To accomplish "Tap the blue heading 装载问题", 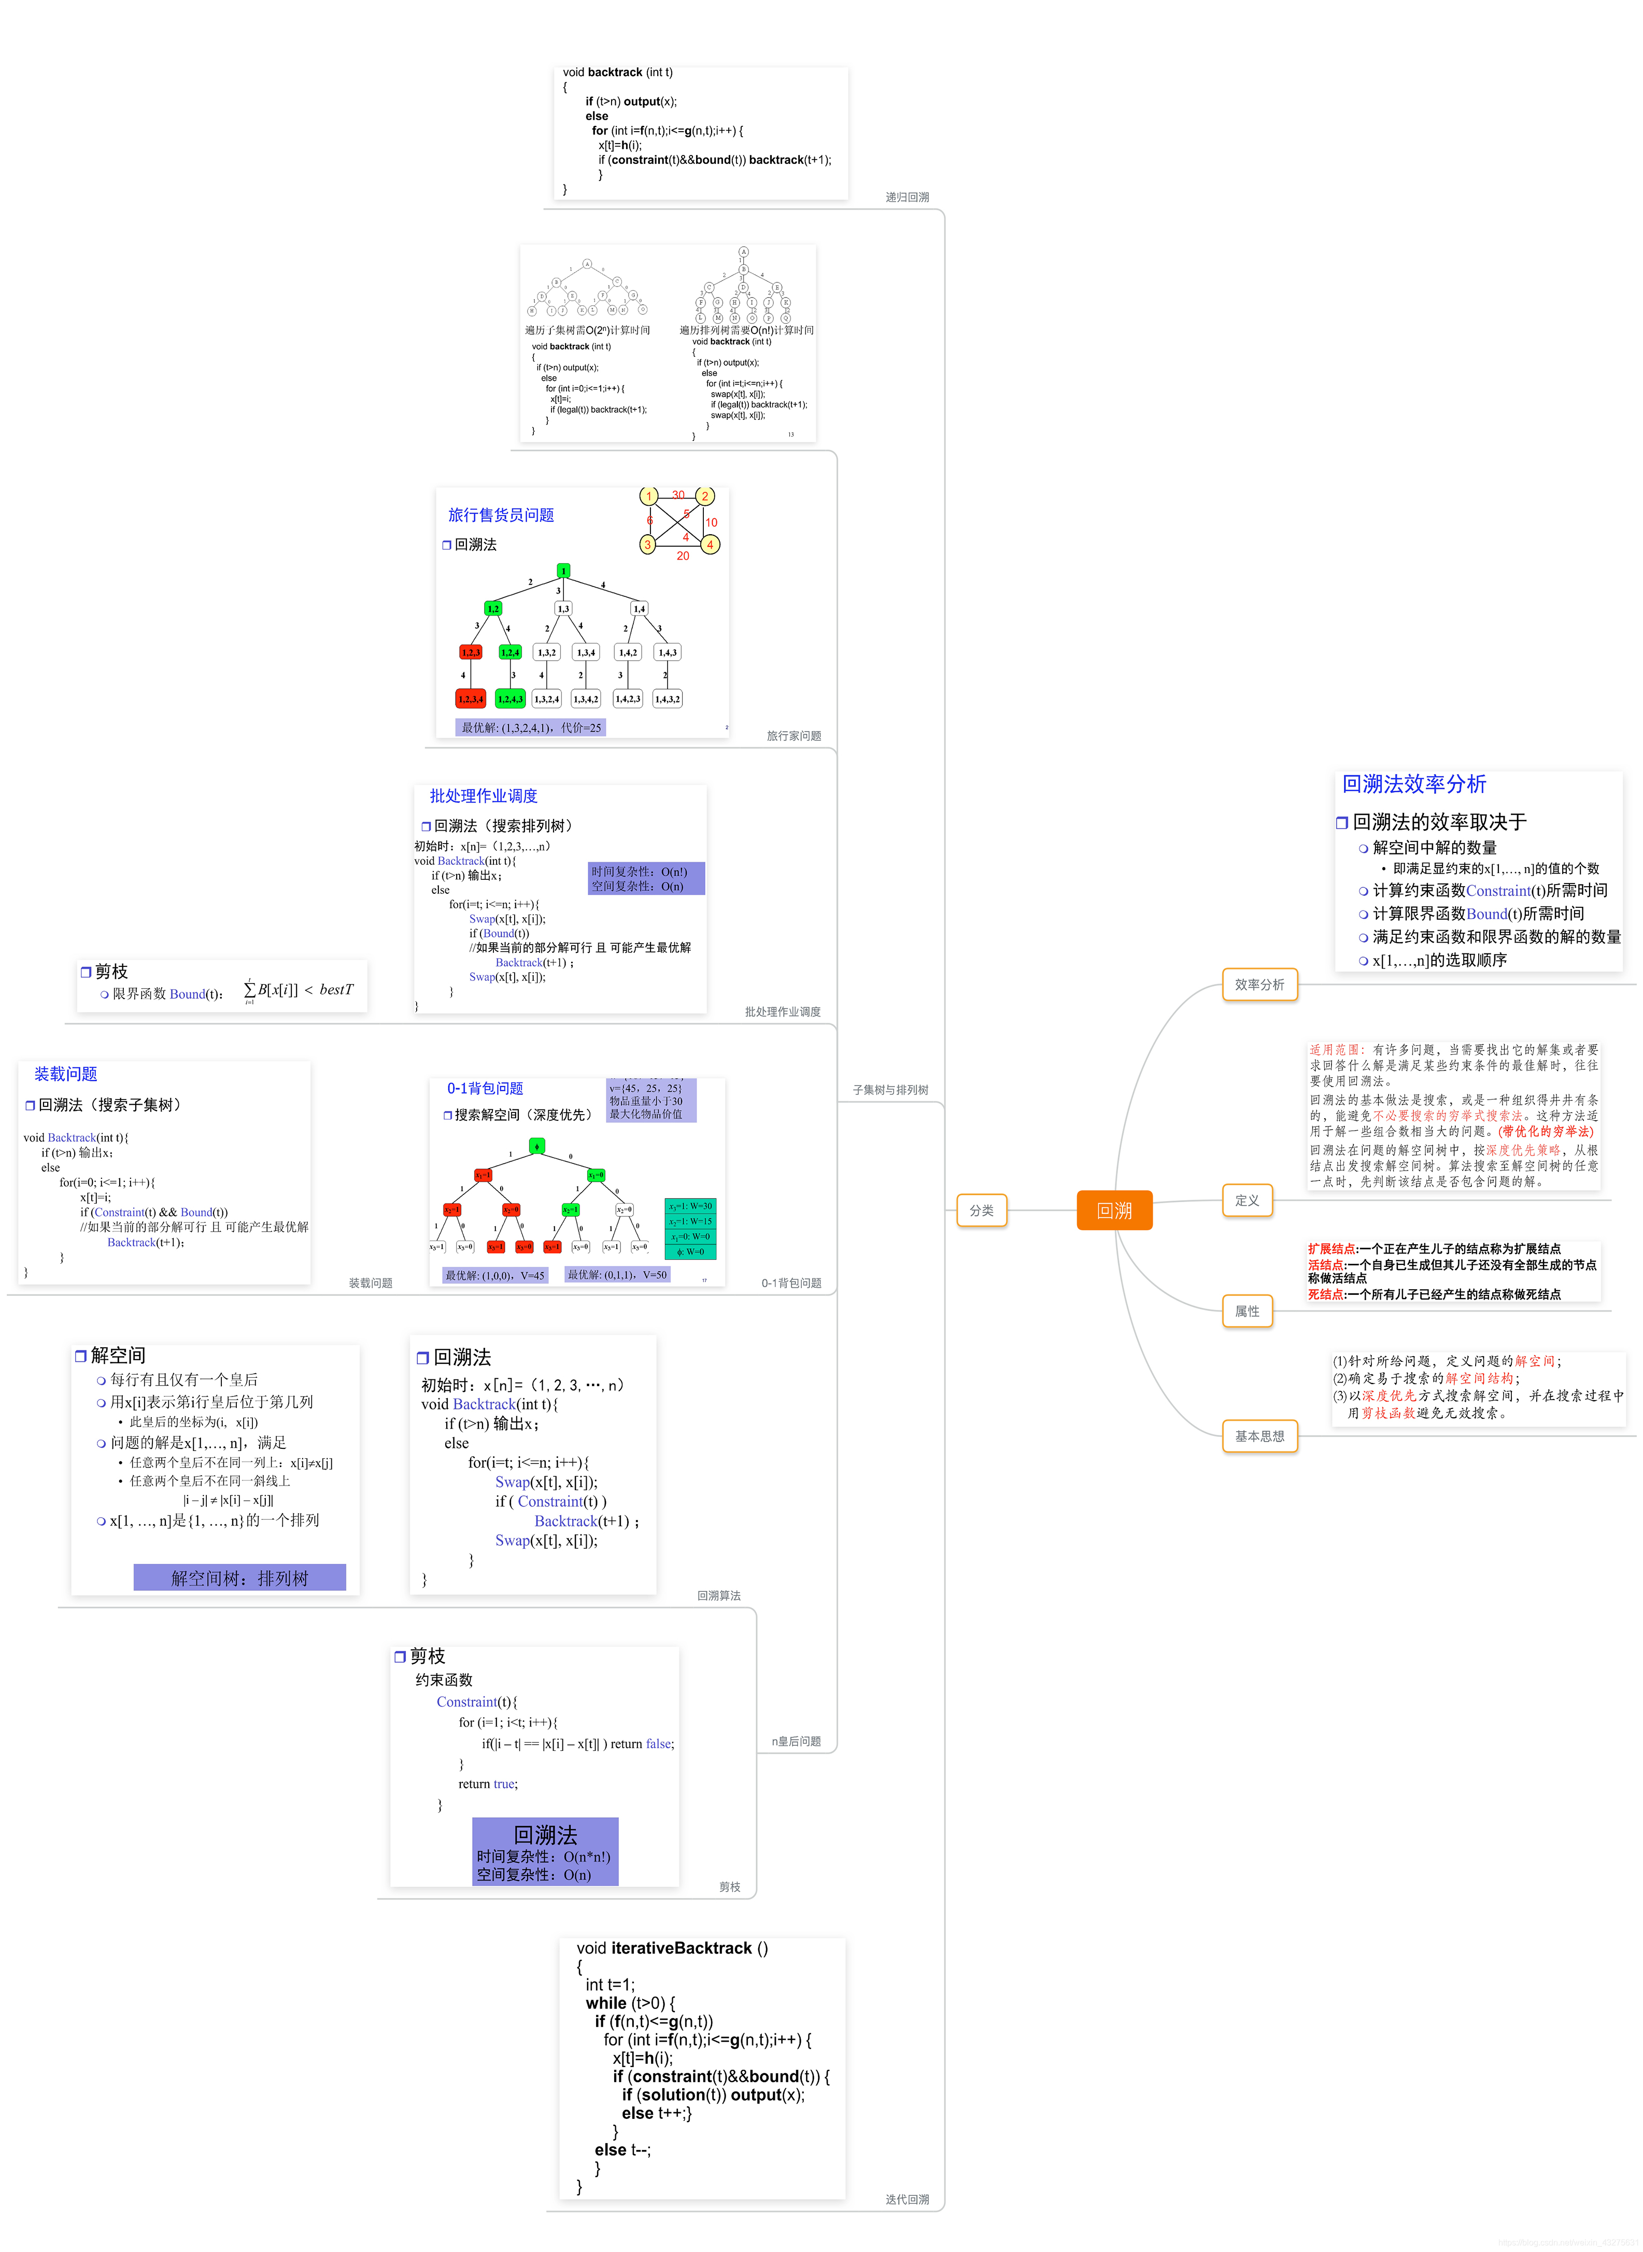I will click(x=66, y=1074).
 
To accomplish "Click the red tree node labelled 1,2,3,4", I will click(x=471, y=699).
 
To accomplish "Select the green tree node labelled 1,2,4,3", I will click(x=510, y=699).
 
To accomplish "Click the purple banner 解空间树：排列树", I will click(x=239, y=1578).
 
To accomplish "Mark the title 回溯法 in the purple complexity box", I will click(x=545, y=1834).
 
